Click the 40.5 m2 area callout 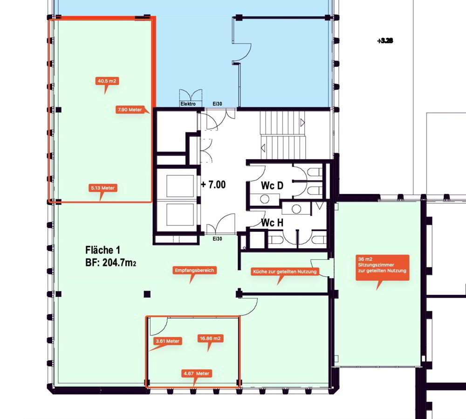[107, 81]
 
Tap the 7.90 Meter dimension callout [130, 110]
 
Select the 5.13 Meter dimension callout [103, 188]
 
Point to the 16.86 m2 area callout [210, 339]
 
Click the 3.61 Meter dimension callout [168, 341]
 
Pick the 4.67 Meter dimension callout [197, 373]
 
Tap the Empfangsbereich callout [194, 271]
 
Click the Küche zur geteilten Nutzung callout [285, 272]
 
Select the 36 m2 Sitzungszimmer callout [382, 267]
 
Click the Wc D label [272, 186]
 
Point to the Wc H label [272, 223]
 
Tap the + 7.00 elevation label [213, 184]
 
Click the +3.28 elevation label [385, 41]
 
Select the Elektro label [188, 104]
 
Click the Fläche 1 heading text [103, 250]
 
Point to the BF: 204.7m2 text [110, 263]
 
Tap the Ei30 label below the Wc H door [217, 239]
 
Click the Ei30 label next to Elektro [217, 104]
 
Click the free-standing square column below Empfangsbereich [147, 294]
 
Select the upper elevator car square [176, 186]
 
